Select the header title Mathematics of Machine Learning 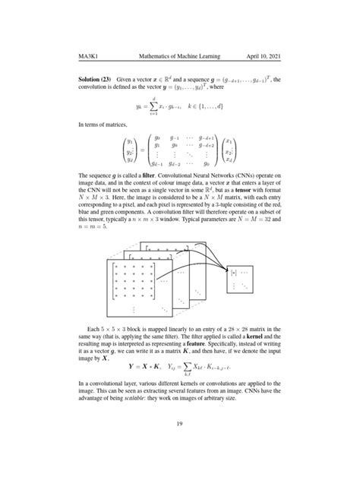tap(174, 56)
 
